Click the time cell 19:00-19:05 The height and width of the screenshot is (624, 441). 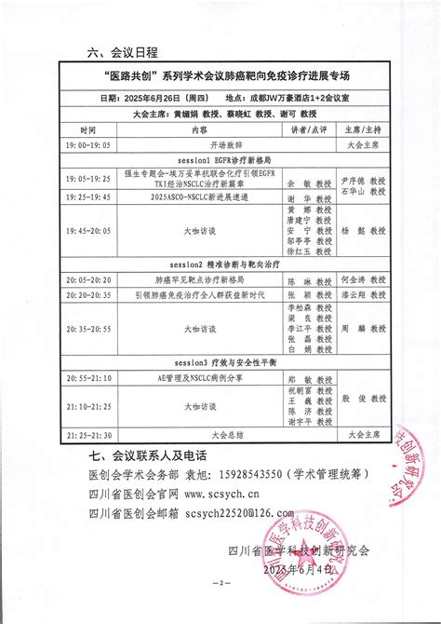click(87, 146)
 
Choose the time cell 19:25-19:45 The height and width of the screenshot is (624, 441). click(87, 197)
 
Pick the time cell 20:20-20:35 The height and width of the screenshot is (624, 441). click(87, 294)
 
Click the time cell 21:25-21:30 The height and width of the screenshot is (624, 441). click(87, 435)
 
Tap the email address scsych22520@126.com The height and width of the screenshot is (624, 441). click(238, 511)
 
